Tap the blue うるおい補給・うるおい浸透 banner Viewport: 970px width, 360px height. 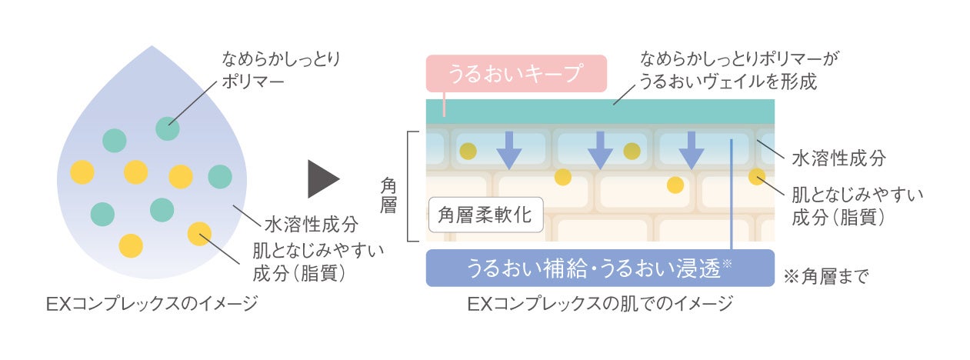click(599, 268)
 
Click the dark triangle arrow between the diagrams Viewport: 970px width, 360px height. click(323, 179)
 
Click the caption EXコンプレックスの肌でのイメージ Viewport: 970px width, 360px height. click(600, 304)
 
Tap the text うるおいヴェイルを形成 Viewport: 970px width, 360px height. click(728, 80)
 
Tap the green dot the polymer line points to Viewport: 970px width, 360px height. click(167, 128)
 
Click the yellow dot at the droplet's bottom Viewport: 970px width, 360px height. click(131, 245)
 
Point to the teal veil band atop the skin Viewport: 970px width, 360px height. click(599, 114)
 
